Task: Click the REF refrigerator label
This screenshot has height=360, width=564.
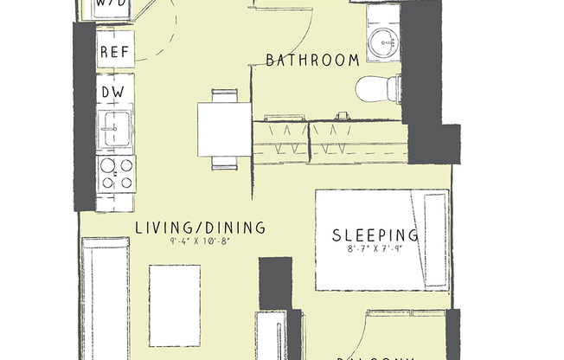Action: (115, 52)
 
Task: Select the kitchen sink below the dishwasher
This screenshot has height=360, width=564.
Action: (115, 131)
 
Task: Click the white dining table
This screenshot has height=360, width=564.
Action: (223, 129)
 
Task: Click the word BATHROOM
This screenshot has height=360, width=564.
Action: (312, 61)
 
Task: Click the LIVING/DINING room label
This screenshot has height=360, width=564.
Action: (200, 228)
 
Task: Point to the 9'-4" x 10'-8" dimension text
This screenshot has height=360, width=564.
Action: (201, 243)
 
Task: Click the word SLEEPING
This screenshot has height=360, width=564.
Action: (376, 235)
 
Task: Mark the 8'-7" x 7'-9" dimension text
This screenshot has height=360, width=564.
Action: (376, 249)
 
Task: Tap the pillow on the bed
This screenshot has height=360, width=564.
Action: (434, 239)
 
